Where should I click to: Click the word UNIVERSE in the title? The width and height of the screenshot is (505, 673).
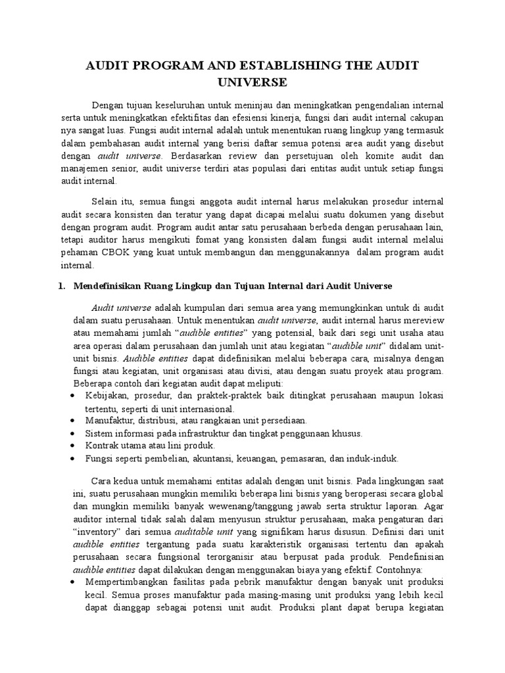click(x=252, y=81)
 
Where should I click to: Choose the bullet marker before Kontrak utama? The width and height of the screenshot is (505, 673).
click(x=72, y=446)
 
